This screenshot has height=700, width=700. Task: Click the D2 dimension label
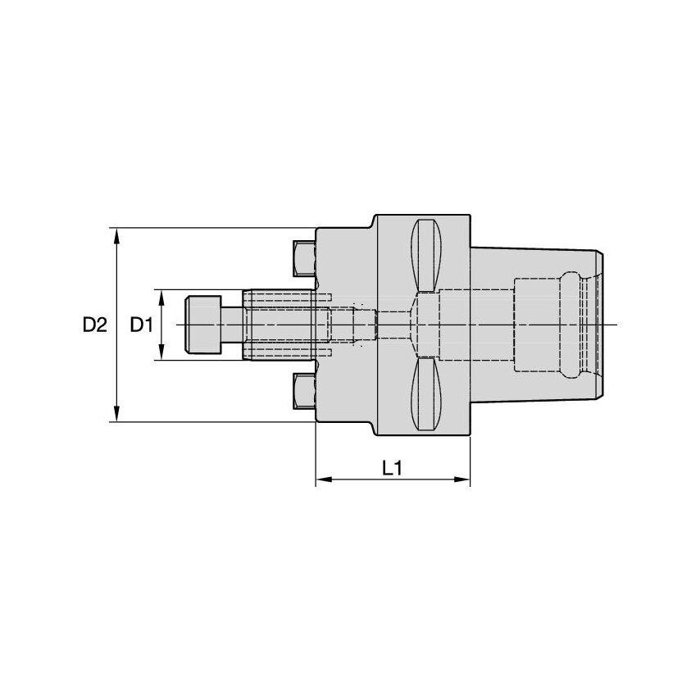pyautogui.click(x=94, y=325)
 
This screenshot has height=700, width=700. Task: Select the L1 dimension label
pyautogui.click(x=392, y=467)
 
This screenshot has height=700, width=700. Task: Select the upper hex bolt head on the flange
pyautogui.click(x=303, y=258)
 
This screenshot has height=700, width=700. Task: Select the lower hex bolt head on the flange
pyautogui.click(x=303, y=392)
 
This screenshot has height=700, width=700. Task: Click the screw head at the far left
pyautogui.click(x=204, y=325)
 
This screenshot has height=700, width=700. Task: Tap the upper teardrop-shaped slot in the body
pyautogui.click(x=427, y=254)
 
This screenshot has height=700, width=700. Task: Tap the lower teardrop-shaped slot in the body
pyautogui.click(x=427, y=395)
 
